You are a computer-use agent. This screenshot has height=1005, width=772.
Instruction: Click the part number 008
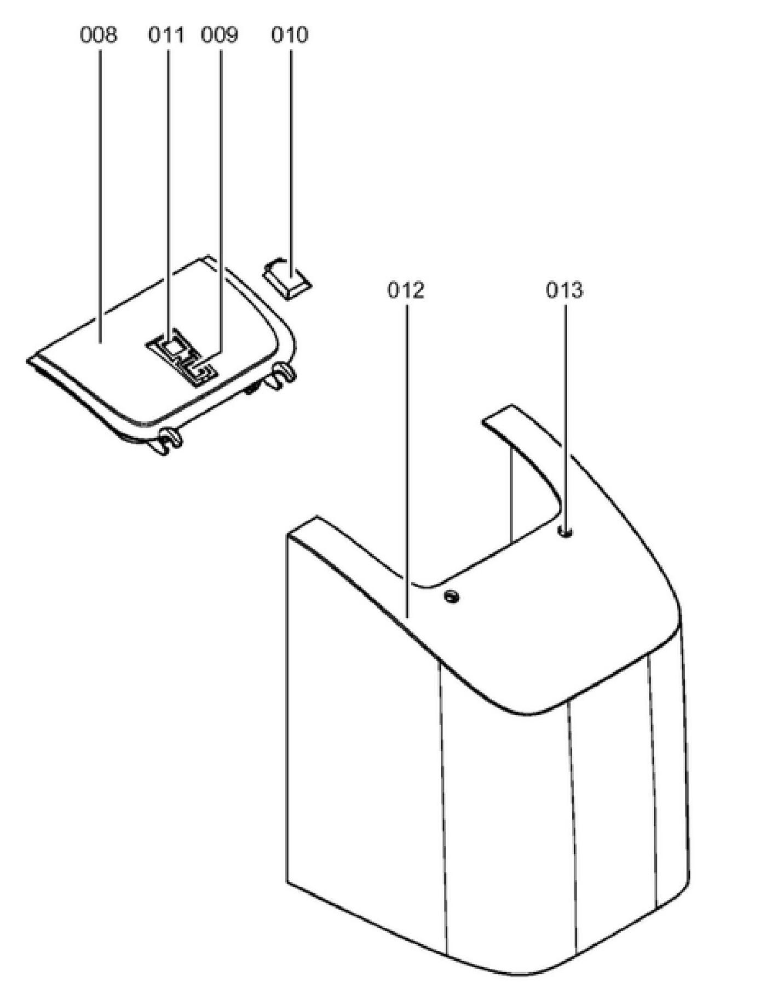click(99, 36)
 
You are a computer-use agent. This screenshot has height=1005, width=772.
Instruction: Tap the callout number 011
click(166, 36)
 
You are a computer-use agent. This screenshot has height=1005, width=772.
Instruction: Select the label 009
click(220, 36)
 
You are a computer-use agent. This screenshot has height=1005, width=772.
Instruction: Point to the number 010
click(290, 36)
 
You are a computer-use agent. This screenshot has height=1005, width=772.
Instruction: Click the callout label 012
click(406, 290)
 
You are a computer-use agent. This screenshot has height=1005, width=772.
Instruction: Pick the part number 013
click(564, 290)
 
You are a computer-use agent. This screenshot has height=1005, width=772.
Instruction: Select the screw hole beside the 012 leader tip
click(452, 596)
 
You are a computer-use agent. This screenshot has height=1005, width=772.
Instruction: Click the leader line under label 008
click(100, 192)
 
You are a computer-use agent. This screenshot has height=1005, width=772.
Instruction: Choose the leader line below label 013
click(566, 411)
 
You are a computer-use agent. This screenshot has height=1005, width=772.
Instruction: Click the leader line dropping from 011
click(168, 192)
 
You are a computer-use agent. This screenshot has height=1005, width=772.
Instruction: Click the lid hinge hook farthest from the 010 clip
click(170, 438)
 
